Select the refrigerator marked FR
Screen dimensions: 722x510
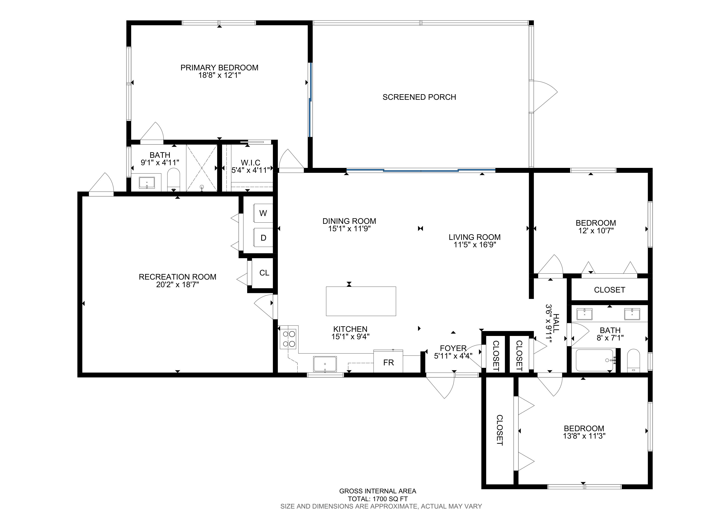388,362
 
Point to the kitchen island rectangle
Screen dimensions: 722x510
361,301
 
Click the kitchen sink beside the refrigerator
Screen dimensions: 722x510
325,364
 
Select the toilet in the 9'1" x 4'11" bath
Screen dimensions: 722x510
173,180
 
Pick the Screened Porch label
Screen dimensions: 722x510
419,97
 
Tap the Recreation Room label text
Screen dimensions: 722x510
178,277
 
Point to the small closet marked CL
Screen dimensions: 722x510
262,273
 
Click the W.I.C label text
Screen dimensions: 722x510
251,163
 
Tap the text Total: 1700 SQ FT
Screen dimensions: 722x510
378,499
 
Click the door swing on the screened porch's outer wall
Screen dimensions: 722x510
543,96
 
